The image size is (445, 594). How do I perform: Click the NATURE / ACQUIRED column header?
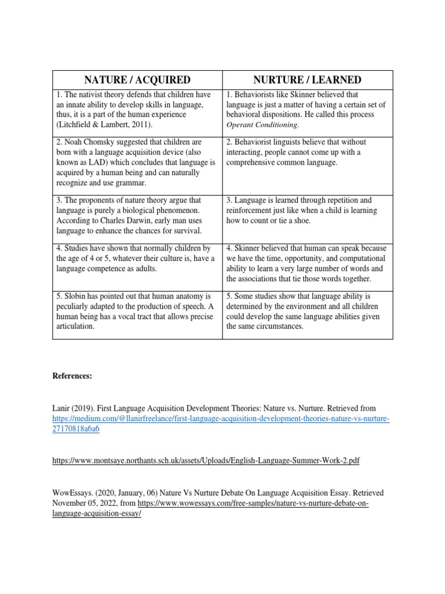[137, 79]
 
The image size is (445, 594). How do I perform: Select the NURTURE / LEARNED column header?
[307, 79]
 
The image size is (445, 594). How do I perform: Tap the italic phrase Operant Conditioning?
[262, 125]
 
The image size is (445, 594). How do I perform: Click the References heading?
[72, 376]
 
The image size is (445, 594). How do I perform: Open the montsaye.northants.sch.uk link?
[206, 460]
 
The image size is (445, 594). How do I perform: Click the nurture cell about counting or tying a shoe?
[307, 210]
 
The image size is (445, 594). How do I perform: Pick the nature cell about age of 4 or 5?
[137, 258]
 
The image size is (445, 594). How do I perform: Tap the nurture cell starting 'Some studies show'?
[307, 311]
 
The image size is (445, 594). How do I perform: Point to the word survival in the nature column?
[186, 231]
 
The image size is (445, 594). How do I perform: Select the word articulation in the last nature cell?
[75, 327]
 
